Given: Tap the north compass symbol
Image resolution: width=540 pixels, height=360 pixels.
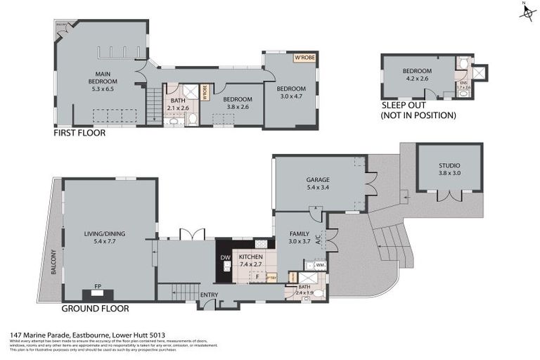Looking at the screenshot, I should (524, 12).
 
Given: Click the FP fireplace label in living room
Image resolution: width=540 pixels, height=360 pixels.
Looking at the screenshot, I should (98, 286).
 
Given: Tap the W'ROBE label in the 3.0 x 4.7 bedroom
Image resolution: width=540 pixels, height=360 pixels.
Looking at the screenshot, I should (303, 58).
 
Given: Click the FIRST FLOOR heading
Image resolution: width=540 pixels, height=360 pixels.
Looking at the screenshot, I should (79, 132).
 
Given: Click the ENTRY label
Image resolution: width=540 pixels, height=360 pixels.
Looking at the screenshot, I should (209, 295).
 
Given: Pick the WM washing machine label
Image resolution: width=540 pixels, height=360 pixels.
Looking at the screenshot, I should (319, 265).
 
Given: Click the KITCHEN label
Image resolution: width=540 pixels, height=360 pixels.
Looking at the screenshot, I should (250, 258).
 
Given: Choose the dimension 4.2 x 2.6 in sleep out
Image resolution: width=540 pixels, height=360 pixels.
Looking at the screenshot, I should (416, 79).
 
